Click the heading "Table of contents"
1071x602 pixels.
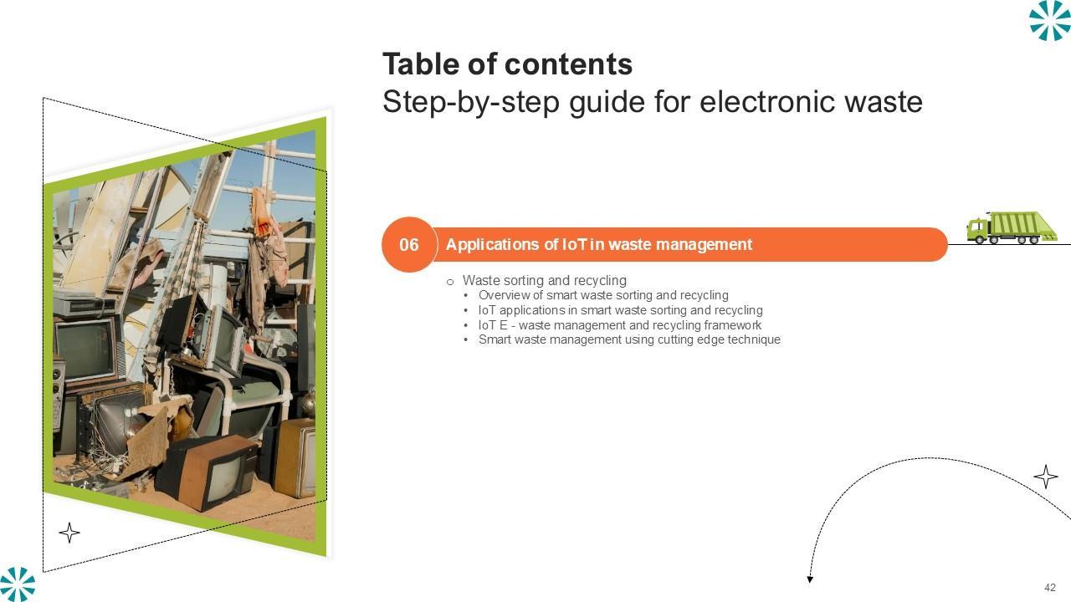click(507, 64)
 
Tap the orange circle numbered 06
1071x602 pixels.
click(409, 245)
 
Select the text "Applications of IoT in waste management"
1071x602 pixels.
click(598, 245)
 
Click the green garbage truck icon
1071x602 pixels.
click(1012, 227)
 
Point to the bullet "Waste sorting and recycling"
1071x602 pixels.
click(545, 280)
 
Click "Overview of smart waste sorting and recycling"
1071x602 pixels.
click(603, 295)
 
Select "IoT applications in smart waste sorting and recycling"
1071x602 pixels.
click(621, 310)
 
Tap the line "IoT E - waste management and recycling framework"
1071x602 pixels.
click(620, 325)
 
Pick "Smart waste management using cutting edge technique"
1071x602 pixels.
click(630, 339)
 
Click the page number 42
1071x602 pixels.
click(1050, 587)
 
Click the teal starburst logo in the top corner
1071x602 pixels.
click(1049, 20)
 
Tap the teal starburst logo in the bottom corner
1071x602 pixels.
click(18, 584)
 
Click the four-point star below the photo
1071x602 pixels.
click(69, 533)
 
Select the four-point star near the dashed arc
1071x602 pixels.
click(1046, 477)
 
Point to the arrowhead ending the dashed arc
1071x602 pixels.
click(810, 579)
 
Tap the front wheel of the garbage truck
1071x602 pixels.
click(980, 239)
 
